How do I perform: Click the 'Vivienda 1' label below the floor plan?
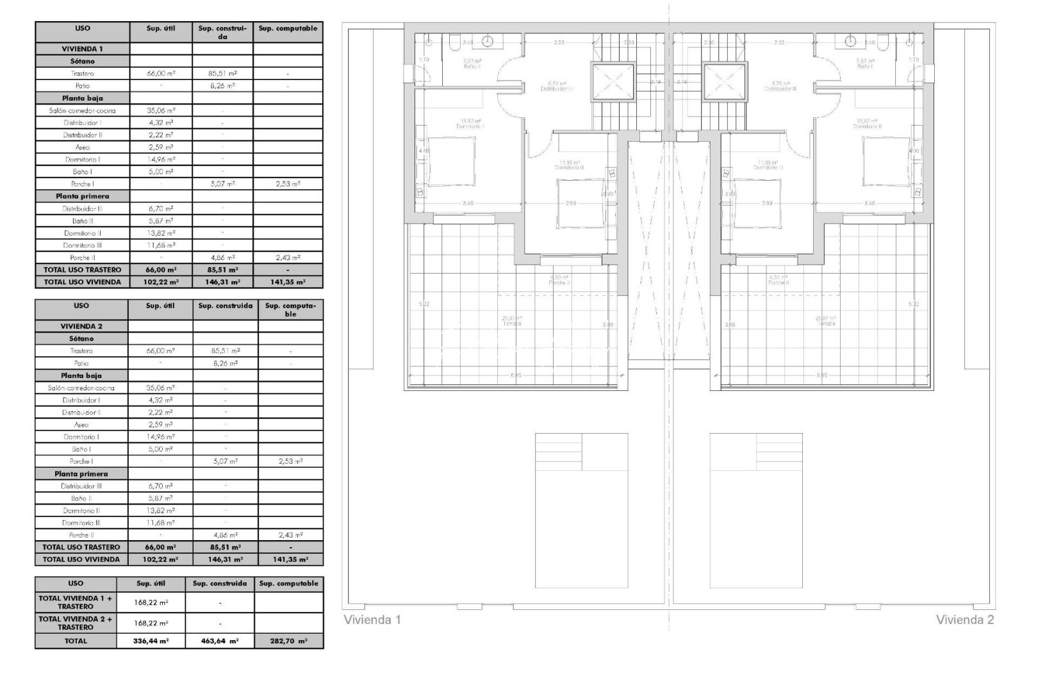[x=372, y=620]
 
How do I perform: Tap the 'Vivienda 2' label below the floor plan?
[x=965, y=620]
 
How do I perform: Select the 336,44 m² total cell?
[x=151, y=641]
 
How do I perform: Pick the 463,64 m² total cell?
[x=220, y=641]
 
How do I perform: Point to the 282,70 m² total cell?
[x=288, y=641]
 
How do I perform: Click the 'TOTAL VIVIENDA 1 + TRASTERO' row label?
[x=76, y=602]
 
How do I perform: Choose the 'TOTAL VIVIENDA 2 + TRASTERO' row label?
[x=76, y=623]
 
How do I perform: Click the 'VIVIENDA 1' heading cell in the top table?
[x=82, y=49]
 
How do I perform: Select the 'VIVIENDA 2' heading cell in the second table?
[x=82, y=326]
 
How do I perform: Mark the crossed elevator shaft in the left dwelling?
[x=612, y=81]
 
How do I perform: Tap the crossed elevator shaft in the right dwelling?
[x=727, y=81]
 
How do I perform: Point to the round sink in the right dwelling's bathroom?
[x=850, y=42]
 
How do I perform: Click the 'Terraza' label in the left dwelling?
[x=512, y=324]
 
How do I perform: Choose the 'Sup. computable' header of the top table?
[x=288, y=28]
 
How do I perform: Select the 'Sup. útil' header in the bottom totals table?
[x=151, y=584]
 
